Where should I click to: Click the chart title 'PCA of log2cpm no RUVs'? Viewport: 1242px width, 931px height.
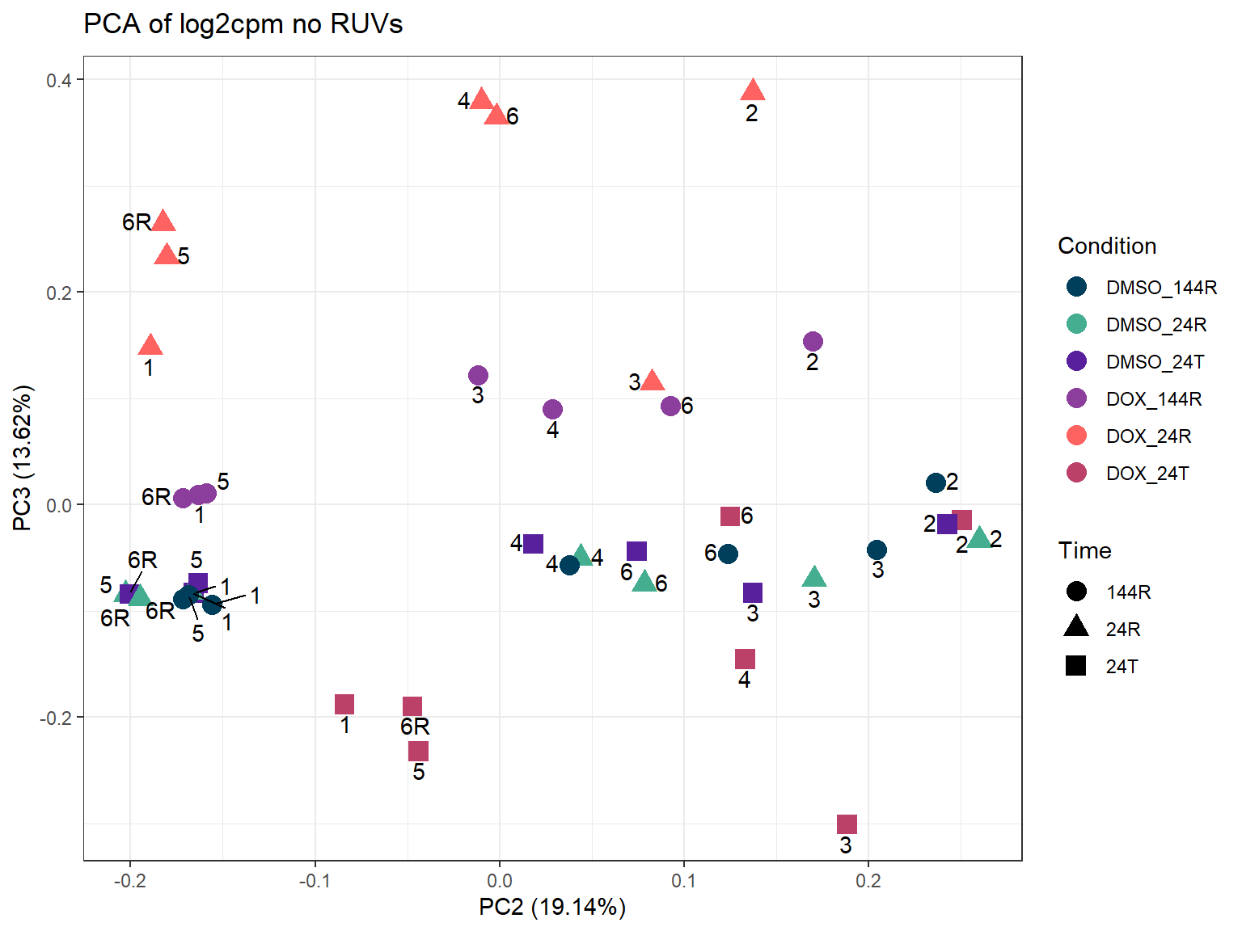pos(243,24)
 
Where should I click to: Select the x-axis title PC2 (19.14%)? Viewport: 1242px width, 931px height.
pos(552,907)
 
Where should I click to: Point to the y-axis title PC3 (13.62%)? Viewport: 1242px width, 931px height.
pos(23,457)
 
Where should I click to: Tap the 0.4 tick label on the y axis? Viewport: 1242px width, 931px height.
pos(58,80)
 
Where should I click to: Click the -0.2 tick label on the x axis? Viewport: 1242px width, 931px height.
pos(130,881)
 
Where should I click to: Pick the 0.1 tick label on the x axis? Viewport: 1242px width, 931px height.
pos(684,881)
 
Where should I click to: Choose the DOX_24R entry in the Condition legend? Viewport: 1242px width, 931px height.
pos(1148,436)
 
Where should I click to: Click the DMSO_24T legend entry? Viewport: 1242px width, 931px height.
pos(1155,362)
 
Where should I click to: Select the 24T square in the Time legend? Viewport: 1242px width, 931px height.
pos(1076,666)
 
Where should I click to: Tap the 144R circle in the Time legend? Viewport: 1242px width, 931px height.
pos(1076,592)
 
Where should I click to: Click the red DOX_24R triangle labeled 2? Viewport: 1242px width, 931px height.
pos(753,91)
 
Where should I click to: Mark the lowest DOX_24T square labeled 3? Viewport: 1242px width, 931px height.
pos(847,824)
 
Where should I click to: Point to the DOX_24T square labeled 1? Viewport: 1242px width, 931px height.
pos(344,705)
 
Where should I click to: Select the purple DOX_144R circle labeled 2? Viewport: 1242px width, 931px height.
pos(813,342)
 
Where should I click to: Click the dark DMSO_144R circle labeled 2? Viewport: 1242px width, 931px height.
pos(936,483)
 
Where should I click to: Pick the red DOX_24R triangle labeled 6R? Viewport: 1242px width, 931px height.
pos(163,221)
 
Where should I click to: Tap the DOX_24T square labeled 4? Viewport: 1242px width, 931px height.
pos(745,659)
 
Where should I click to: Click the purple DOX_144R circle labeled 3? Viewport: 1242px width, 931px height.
pos(478,376)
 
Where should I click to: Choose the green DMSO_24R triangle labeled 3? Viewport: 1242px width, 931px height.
pos(814,577)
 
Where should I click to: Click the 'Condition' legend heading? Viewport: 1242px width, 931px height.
pos(1107,246)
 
